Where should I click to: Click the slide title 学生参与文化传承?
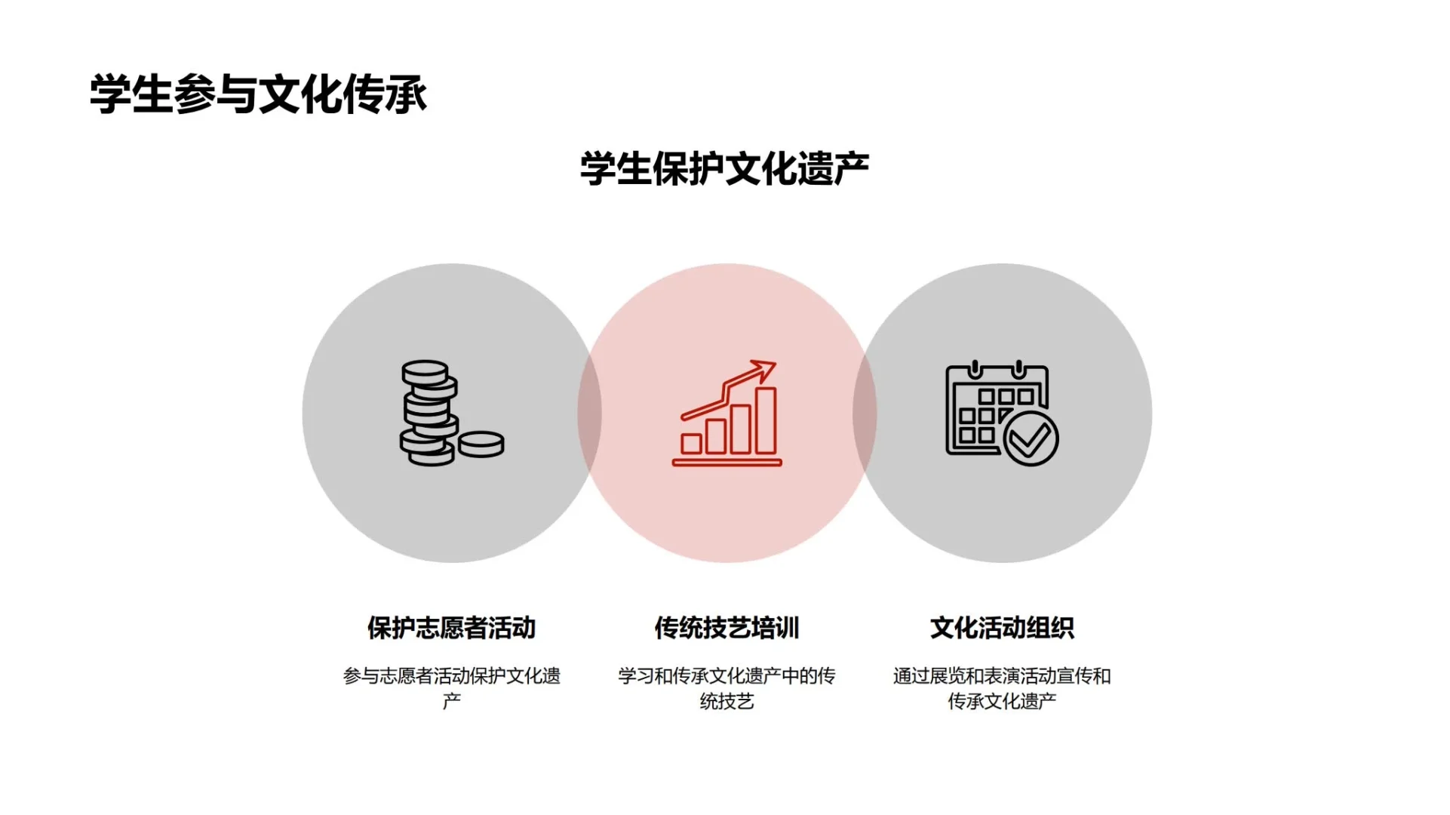coord(258,95)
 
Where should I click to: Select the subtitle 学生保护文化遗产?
coord(724,168)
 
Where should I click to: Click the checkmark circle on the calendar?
coord(1031,438)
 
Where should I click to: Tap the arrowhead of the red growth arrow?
coord(766,369)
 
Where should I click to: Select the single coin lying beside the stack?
coord(481,443)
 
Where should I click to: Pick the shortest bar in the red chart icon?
coord(691,443)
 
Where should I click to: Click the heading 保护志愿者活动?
coord(451,628)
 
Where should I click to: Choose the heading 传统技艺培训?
coord(727,628)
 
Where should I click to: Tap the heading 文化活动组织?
coord(1002,628)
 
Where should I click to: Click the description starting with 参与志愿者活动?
coord(451,676)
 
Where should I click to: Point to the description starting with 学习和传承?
coord(727,676)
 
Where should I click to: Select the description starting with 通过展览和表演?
coord(1002,676)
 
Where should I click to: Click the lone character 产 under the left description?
coord(451,702)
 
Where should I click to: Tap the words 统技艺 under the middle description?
coord(727,702)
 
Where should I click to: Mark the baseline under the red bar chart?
coord(727,463)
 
